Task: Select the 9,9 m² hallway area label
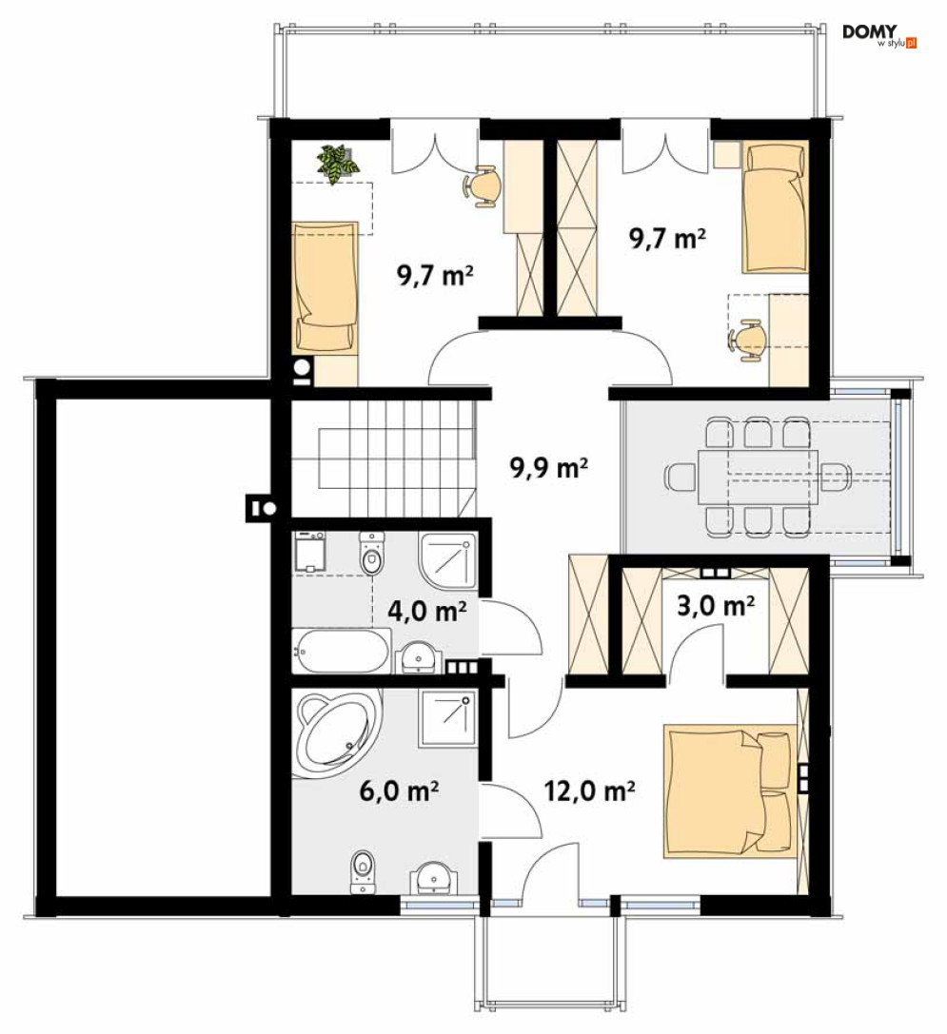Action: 549,468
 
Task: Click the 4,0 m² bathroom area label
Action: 427,612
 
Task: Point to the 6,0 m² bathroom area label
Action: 399,790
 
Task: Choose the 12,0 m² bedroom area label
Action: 589,790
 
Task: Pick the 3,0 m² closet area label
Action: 716,605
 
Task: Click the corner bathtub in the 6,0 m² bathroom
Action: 337,732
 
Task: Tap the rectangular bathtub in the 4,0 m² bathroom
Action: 342,651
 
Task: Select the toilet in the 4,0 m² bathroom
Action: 371,553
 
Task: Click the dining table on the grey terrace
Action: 758,476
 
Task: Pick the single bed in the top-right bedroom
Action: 776,208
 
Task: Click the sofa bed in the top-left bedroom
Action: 326,286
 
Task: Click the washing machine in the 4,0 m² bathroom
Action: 309,552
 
